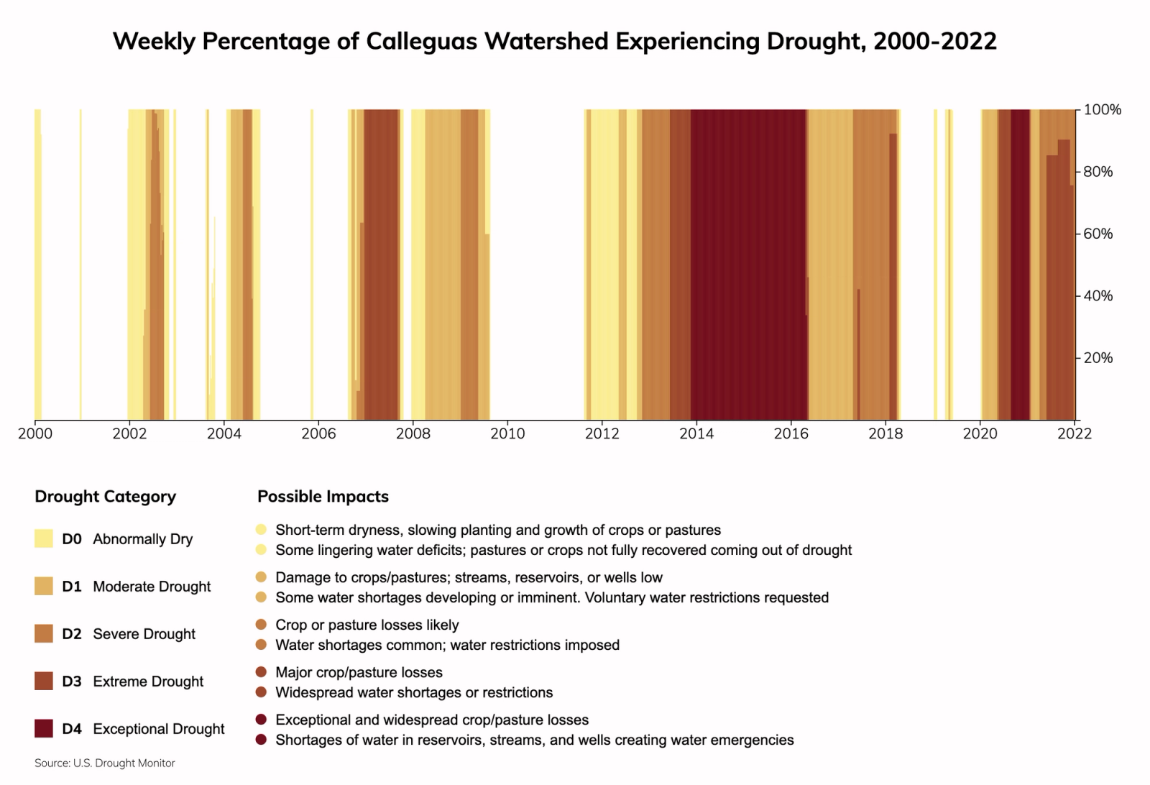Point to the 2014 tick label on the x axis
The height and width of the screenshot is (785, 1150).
[x=696, y=433]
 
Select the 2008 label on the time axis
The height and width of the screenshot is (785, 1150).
[x=413, y=433]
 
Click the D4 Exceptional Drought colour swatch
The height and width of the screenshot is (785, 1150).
[x=44, y=728]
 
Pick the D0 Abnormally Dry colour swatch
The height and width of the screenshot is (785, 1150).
[x=44, y=538]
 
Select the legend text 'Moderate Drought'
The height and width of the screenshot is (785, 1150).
[x=152, y=587]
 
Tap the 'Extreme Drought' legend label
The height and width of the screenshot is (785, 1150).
[x=148, y=681]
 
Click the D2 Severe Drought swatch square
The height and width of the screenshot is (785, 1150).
[x=44, y=633]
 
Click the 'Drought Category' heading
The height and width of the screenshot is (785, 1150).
[x=105, y=497]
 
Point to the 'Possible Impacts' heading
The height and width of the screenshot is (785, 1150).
[x=323, y=497]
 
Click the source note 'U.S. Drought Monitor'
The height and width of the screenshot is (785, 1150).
[x=124, y=763]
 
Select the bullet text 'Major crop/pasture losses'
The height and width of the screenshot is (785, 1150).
[x=359, y=673]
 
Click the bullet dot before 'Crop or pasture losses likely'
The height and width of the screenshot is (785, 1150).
[x=261, y=625]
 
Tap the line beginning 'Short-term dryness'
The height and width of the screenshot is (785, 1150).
[x=497, y=531]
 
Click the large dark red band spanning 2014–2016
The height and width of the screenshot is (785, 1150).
[x=747, y=266]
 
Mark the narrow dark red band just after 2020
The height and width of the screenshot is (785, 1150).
[x=1020, y=266]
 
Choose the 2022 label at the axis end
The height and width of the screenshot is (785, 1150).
[x=1075, y=433]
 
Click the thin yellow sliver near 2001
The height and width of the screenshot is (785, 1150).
[x=80, y=266]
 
